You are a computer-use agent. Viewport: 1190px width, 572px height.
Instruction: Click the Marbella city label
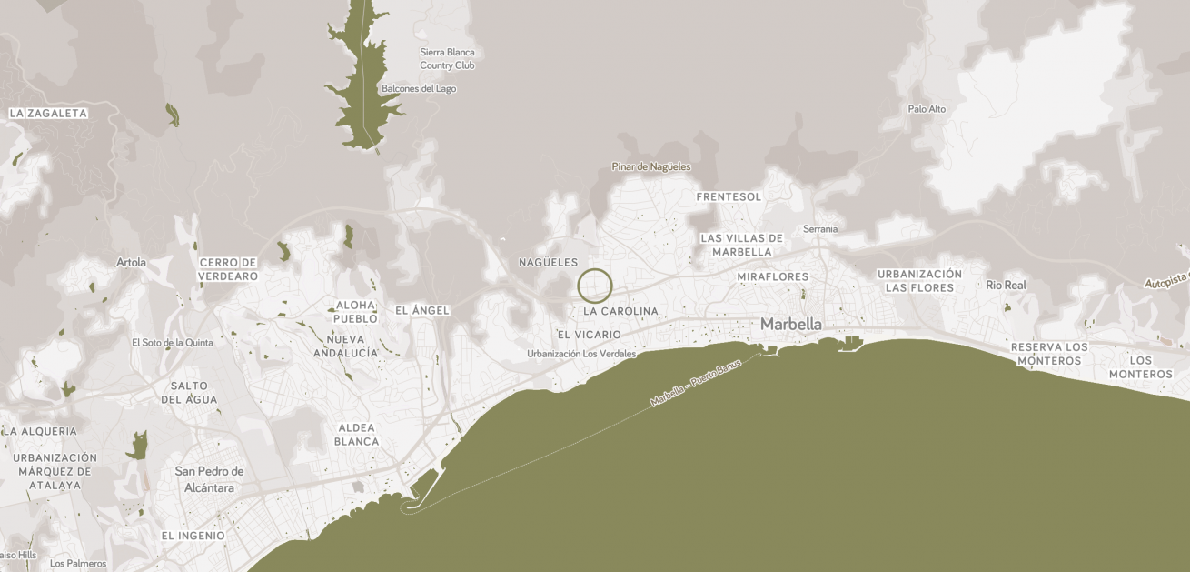click(x=790, y=324)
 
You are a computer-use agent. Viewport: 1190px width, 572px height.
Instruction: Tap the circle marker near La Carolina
click(x=595, y=286)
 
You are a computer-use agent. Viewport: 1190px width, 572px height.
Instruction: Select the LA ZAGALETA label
click(x=48, y=114)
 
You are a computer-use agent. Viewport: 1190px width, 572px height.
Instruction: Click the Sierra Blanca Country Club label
click(x=447, y=59)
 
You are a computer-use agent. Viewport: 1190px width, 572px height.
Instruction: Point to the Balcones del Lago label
click(x=419, y=89)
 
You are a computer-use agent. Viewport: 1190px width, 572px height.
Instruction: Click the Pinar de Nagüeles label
click(x=650, y=166)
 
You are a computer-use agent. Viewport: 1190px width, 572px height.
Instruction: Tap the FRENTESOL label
click(x=729, y=196)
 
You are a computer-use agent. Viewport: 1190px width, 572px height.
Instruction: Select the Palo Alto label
click(x=927, y=109)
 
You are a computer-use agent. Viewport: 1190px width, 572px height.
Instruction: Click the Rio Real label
click(x=1006, y=285)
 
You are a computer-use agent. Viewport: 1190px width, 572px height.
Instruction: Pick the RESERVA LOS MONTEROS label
click(x=1049, y=354)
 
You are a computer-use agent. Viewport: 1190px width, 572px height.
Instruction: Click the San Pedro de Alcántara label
click(x=209, y=479)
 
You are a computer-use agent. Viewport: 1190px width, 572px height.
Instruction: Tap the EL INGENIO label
click(x=193, y=536)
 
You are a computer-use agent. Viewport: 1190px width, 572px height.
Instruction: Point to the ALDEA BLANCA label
click(x=356, y=435)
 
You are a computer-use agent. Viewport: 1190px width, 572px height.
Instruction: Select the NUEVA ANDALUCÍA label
click(x=345, y=346)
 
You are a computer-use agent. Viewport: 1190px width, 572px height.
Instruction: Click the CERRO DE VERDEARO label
click(x=228, y=269)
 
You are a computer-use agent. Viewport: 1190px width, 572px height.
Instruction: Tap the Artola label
click(x=131, y=262)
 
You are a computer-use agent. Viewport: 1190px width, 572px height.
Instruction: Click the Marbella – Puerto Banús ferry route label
click(x=695, y=384)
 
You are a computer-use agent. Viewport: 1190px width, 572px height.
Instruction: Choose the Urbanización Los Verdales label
click(x=581, y=354)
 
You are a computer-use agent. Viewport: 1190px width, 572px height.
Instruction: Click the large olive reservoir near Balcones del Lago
click(x=363, y=82)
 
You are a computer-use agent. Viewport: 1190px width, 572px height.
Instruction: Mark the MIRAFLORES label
click(x=772, y=276)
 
